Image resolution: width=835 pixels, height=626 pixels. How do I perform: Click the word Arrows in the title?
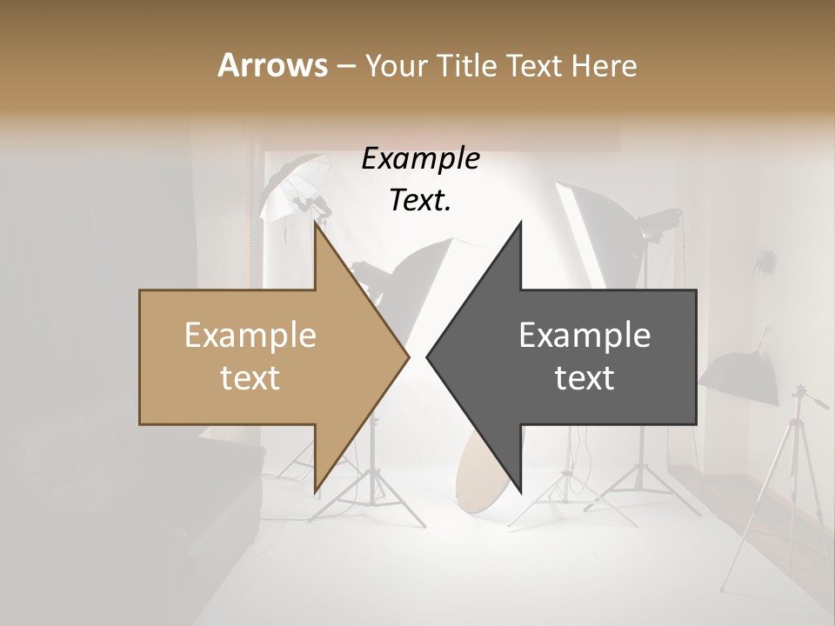pos(272,65)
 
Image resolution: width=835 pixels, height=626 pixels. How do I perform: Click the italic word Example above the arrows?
pos(420,159)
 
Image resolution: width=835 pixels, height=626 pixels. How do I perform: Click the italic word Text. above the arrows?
pos(420,201)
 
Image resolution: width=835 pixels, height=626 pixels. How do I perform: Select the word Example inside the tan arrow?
pos(250,336)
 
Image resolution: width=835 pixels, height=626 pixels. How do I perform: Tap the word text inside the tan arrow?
pos(250,378)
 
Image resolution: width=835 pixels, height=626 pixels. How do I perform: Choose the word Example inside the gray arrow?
pos(584,336)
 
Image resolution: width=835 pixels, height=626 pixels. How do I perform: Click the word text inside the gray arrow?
pos(584,378)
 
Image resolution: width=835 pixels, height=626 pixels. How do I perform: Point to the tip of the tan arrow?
pos(407,356)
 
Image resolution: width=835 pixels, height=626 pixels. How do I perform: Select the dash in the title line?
pos(344,66)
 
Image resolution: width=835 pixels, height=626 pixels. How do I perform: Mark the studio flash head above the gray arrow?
pos(658,221)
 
